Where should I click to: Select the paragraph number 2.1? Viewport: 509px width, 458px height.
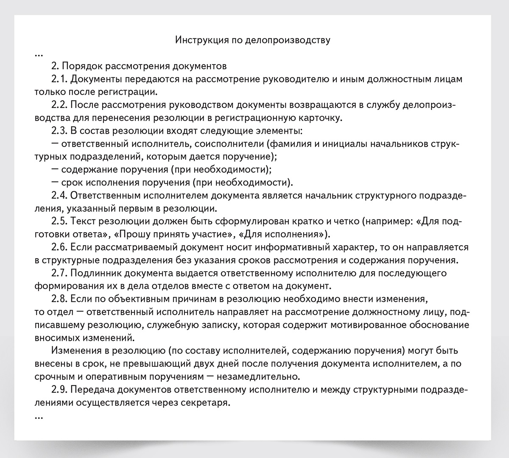59,79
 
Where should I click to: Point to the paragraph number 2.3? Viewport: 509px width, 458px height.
59,131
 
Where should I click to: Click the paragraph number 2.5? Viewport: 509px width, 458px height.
59,221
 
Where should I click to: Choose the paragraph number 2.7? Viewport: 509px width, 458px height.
59,273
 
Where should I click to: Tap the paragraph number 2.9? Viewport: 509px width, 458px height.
59,390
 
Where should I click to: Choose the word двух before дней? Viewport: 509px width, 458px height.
287,364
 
